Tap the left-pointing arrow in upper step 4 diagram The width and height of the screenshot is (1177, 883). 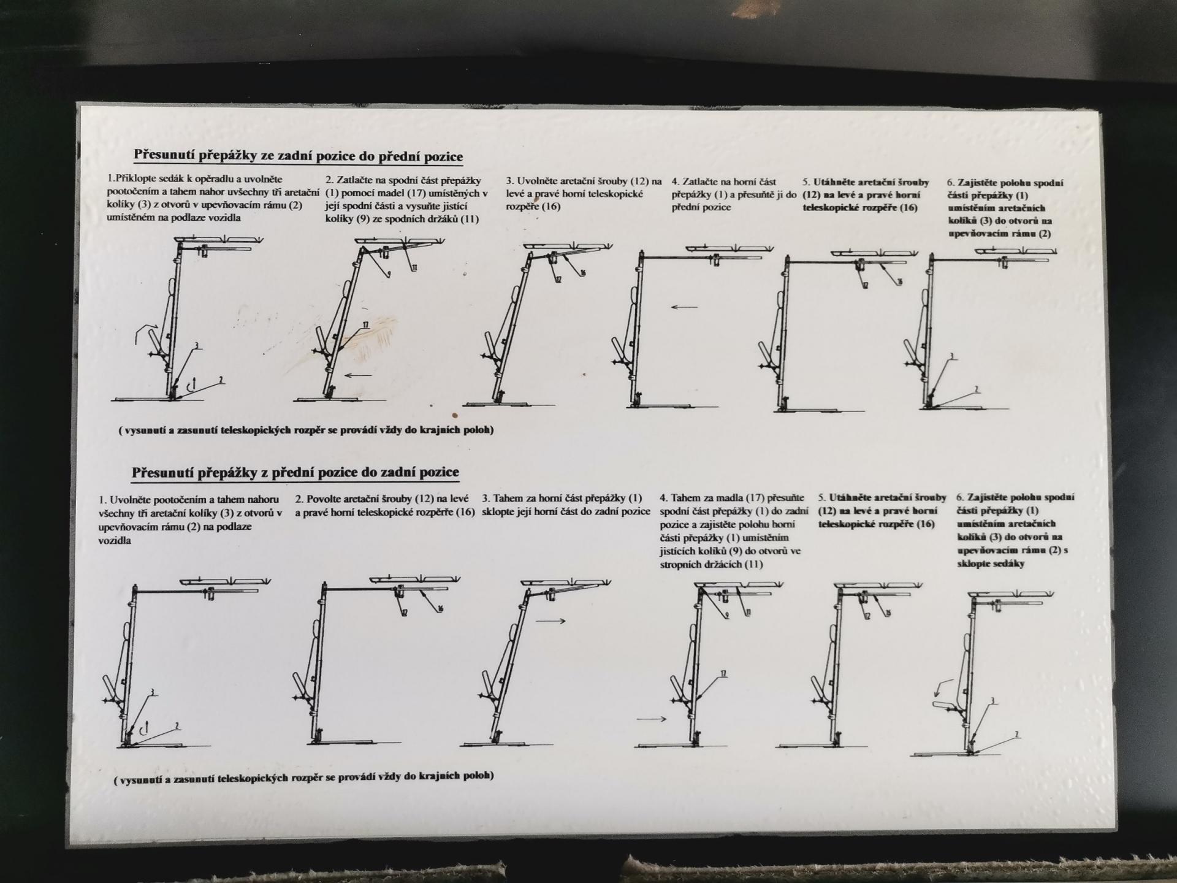point(684,307)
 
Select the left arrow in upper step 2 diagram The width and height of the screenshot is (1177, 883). point(358,375)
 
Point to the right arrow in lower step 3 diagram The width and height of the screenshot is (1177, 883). point(550,621)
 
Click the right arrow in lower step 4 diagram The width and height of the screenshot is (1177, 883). point(652,719)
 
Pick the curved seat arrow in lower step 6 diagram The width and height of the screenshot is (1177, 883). point(943,688)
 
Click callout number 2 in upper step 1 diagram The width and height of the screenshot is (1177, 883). point(221,380)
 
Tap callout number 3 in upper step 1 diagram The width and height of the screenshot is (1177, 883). point(197,346)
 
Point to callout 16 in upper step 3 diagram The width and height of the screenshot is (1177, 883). point(583,272)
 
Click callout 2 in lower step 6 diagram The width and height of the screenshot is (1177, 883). point(1017,735)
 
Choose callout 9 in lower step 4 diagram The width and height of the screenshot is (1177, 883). point(727,616)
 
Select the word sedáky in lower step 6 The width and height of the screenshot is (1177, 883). point(1009,564)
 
